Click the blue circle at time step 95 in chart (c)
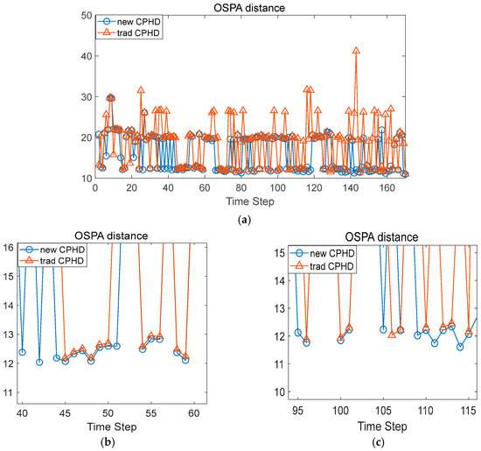pos(298,332)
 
